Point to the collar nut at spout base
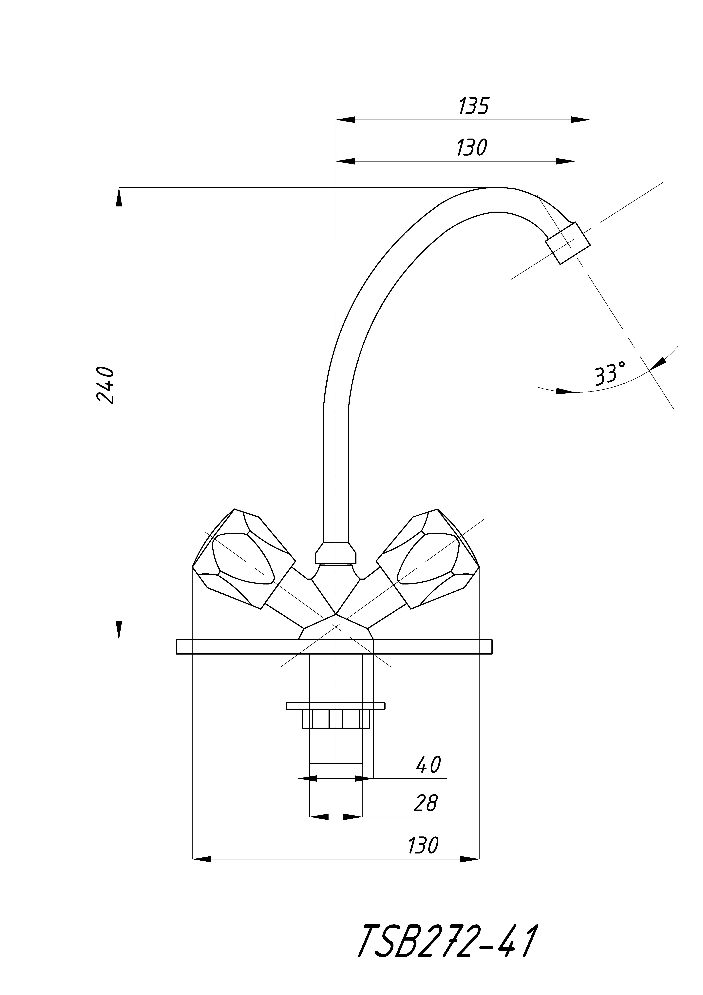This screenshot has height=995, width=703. pos(336,554)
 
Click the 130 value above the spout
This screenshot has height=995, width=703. pos(472,148)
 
